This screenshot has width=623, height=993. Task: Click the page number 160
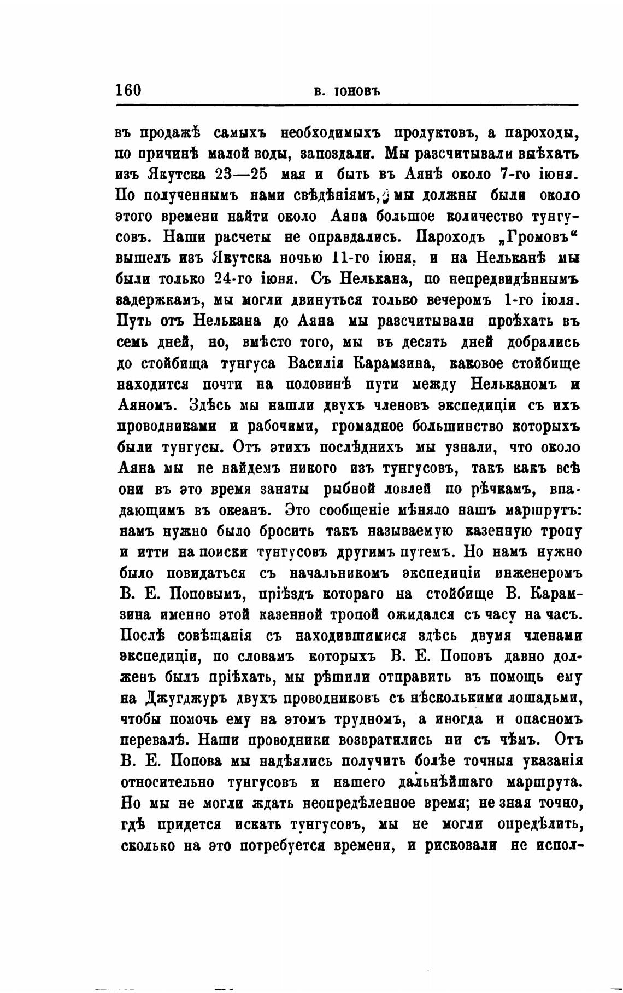coord(128,90)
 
